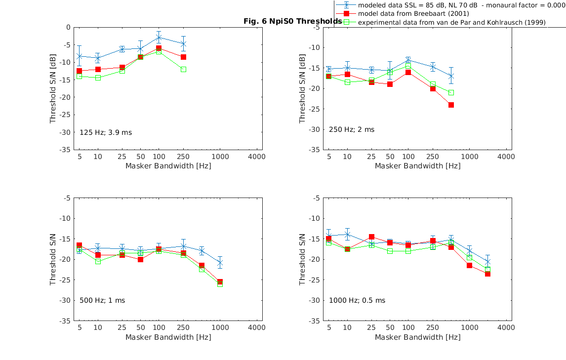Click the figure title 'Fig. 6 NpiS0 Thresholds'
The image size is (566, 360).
tap(292, 22)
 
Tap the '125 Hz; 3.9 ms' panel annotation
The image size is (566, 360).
tap(106, 132)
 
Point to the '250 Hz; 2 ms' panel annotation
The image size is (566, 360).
tap(352, 129)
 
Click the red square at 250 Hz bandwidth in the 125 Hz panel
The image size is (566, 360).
tap(183, 57)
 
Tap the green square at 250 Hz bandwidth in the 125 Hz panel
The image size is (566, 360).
tap(183, 69)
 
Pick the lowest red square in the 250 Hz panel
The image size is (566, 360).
tap(451, 105)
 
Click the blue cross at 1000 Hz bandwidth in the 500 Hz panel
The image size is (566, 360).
tap(220, 263)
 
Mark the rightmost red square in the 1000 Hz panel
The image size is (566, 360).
tap(488, 274)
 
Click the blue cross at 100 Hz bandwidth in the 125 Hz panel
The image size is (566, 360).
tap(159, 38)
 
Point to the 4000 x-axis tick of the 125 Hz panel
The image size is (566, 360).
tap(256, 156)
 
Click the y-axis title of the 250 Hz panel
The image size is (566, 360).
tap(302, 88)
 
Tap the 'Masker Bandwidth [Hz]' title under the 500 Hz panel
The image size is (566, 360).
tap(168, 337)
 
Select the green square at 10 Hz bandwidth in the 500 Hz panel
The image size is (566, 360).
tap(98, 261)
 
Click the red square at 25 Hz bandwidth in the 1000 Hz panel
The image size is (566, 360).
tap(371, 237)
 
